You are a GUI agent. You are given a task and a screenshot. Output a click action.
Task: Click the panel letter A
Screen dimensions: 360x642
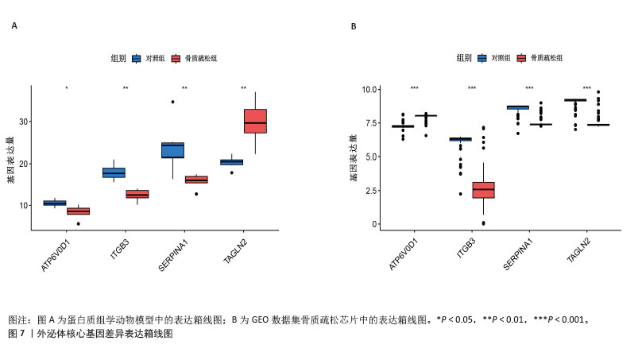coord(14,26)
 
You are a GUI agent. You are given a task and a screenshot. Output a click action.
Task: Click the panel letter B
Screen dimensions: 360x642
coord(354,26)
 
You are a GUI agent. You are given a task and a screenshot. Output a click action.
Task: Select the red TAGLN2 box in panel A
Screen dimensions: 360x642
coord(255,121)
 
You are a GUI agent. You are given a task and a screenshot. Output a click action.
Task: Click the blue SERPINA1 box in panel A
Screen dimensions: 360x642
coord(172,150)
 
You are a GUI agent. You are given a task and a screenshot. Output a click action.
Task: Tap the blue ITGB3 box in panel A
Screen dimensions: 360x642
coord(114,173)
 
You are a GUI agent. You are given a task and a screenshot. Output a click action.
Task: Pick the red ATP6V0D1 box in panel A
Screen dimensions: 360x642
coord(78,211)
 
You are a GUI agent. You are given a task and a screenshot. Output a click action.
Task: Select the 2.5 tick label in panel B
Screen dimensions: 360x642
coord(369,191)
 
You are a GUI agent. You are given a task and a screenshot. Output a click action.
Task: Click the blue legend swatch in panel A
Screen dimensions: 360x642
coord(137,58)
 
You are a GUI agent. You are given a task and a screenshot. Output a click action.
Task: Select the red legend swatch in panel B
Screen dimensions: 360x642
coord(522,58)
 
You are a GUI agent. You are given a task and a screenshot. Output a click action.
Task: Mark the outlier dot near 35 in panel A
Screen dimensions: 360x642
coord(172,102)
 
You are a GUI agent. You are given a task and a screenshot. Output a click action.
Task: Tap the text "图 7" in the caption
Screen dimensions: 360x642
coord(17,335)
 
